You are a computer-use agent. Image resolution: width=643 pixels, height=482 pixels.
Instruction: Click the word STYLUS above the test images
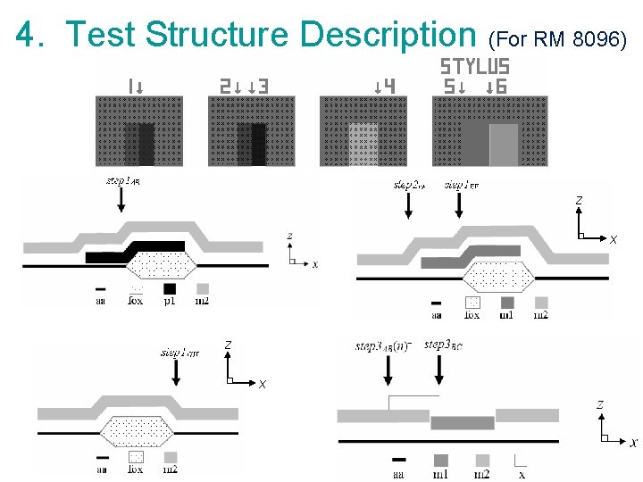(x=475, y=67)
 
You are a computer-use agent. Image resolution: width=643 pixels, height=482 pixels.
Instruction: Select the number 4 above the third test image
(x=389, y=87)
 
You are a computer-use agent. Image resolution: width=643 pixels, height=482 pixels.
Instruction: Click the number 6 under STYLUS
(x=501, y=87)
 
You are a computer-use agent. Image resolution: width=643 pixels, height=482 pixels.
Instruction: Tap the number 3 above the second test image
(x=263, y=87)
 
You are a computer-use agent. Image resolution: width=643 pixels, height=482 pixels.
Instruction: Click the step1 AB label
(x=123, y=182)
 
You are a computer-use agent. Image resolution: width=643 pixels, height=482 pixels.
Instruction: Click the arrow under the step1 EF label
(x=459, y=206)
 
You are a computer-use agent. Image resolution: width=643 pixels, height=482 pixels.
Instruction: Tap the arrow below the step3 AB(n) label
(x=388, y=376)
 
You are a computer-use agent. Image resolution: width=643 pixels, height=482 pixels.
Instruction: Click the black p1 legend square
(x=170, y=288)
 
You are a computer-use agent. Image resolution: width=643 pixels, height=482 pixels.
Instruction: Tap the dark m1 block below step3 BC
(x=462, y=422)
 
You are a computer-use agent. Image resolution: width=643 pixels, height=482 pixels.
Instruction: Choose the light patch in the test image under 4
(x=363, y=143)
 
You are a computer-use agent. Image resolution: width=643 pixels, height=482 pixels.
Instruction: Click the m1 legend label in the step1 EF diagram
(x=506, y=314)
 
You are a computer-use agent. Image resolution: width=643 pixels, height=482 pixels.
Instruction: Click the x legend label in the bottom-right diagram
(x=522, y=474)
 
